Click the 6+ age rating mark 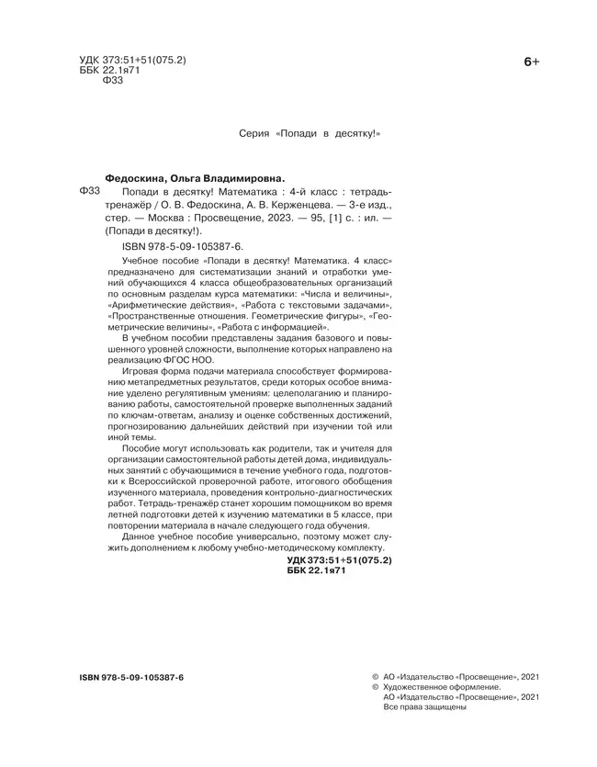tap(531, 62)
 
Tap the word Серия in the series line tap(253, 133)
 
